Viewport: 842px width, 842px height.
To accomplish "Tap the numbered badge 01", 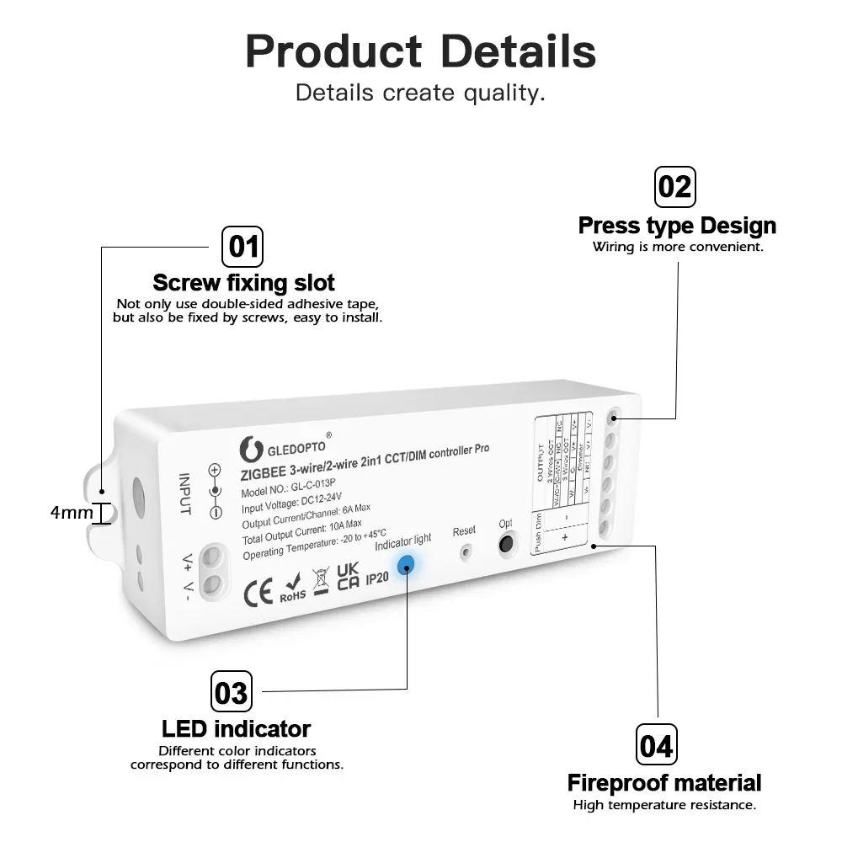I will click(242, 247).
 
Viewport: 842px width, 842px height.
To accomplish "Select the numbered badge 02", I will click(674, 186).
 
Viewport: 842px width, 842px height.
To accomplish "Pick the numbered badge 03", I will click(231, 692).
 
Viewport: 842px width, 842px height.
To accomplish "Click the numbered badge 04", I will click(656, 745).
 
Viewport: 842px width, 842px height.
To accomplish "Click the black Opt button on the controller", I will click(505, 545).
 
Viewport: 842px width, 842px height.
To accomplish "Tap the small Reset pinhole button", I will click(464, 552).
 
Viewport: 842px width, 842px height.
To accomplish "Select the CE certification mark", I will click(258, 593).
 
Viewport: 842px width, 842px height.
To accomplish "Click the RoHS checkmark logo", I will click(291, 587).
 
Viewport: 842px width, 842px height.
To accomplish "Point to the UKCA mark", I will click(348, 578).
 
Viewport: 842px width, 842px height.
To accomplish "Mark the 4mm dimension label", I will click(72, 512).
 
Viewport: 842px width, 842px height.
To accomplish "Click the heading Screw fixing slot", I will click(244, 282).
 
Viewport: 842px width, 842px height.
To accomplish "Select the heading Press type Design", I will click(677, 226).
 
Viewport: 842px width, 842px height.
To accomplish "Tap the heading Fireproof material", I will click(663, 782).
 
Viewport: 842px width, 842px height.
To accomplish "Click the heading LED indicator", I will click(236, 728).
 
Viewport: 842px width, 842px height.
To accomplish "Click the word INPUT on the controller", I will click(185, 494).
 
